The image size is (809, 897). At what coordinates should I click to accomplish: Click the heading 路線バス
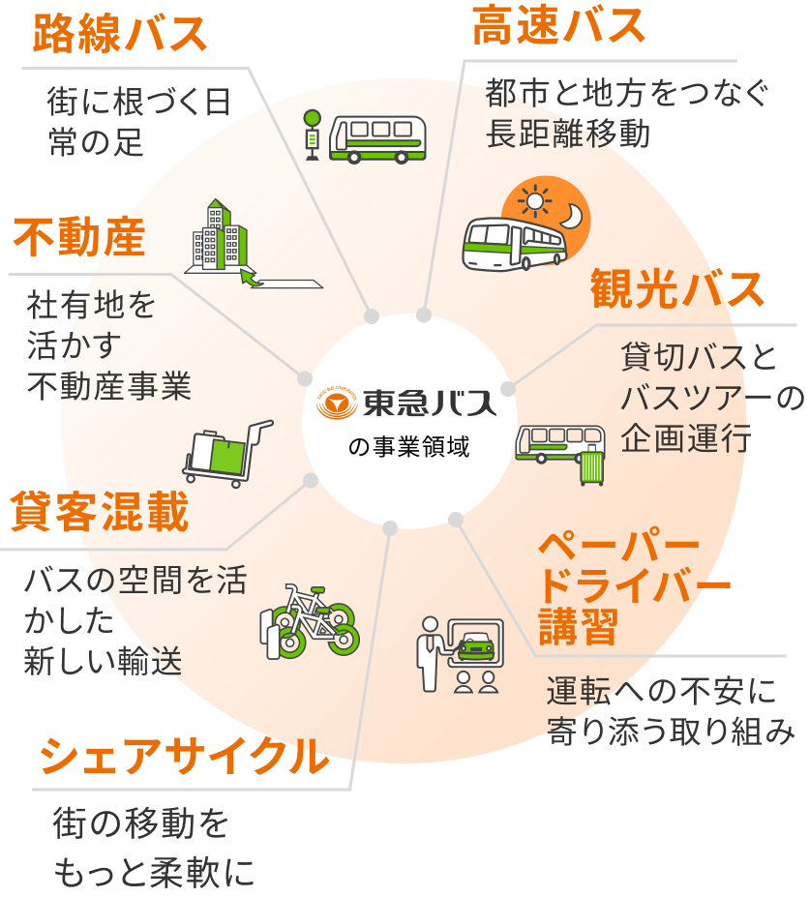point(120,34)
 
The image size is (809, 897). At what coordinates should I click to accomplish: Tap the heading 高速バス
point(558,25)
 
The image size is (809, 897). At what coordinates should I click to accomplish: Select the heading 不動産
point(79,237)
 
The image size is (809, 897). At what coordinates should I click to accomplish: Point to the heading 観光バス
point(677,288)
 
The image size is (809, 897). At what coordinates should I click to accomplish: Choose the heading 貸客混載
point(100,511)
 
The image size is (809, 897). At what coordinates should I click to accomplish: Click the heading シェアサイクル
point(184,756)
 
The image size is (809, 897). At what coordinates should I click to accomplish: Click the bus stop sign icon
point(313,135)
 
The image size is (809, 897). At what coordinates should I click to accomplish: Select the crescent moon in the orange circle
point(572,216)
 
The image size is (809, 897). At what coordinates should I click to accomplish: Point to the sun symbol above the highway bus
point(535,201)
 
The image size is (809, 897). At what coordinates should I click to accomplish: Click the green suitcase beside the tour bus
point(592,466)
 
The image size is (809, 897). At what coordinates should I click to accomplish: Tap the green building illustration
point(220,235)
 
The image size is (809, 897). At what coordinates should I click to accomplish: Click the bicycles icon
point(310,621)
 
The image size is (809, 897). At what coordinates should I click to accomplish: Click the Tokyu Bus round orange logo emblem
point(337,404)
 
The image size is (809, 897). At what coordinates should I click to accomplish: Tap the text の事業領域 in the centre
point(409,446)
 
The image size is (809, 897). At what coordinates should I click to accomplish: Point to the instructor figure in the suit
point(431,654)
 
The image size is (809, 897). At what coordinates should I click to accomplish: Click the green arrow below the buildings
point(251,278)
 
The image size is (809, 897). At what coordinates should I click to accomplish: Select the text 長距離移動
point(568,134)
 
